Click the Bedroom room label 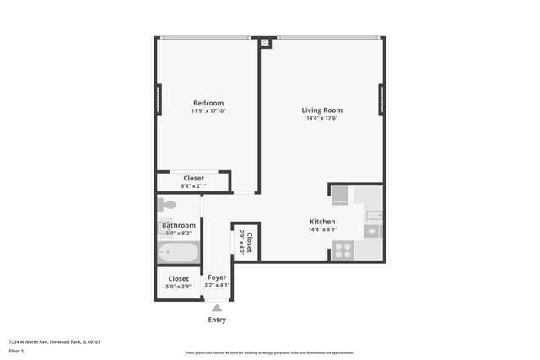(208, 103)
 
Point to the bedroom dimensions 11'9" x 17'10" (208, 110)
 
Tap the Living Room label (322, 110)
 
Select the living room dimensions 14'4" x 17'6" (322, 118)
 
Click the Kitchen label (322, 221)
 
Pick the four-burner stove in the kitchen (343, 250)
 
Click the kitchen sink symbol (373, 231)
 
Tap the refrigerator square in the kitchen (340, 196)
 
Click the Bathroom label (179, 225)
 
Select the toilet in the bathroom (167, 205)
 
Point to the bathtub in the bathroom (179, 252)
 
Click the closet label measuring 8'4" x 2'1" (193, 178)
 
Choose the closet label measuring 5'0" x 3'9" (178, 278)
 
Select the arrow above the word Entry (217, 309)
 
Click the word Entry (217, 320)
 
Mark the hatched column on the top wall (266, 40)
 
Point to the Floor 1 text (16, 351)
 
